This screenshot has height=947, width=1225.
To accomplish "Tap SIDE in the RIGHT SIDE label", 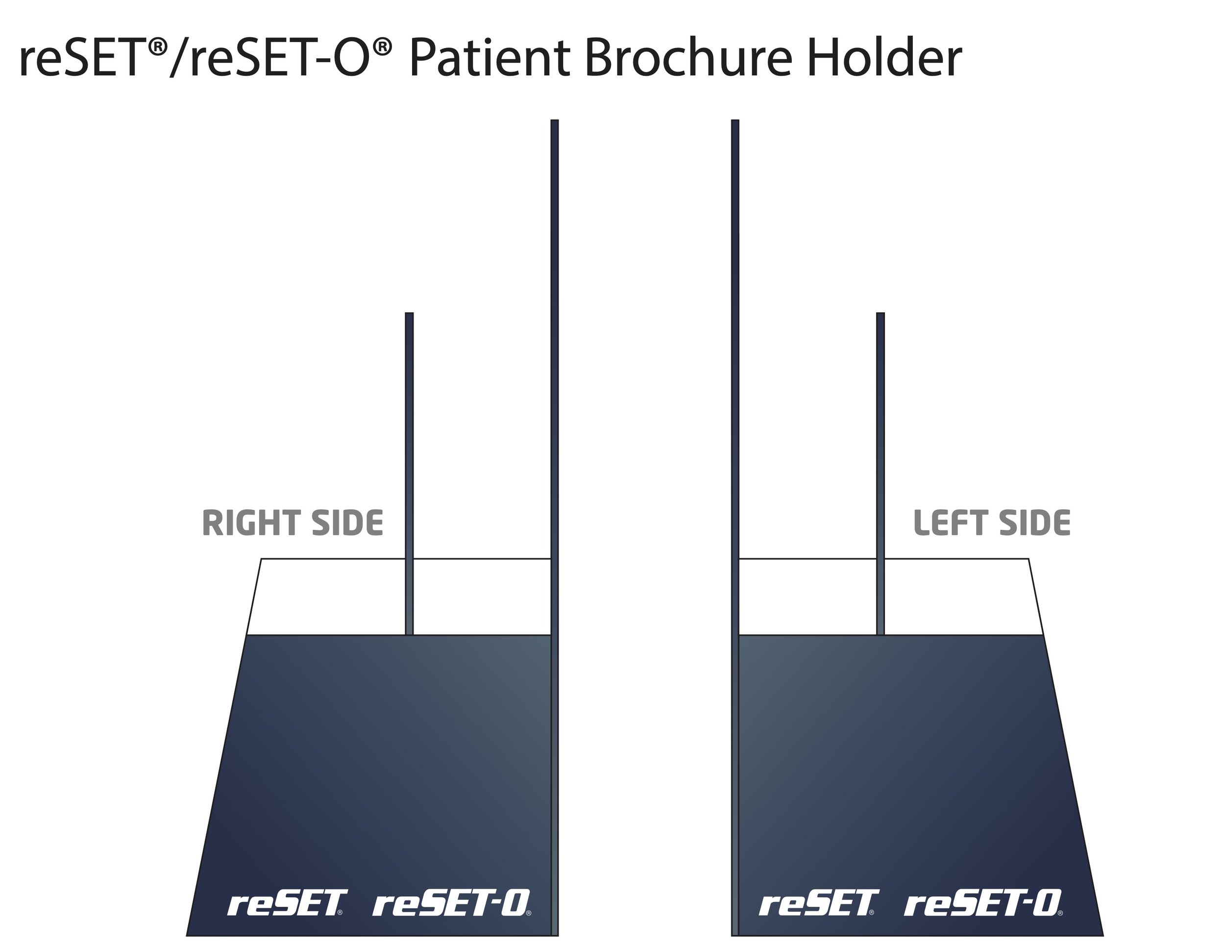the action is [x=347, y=523].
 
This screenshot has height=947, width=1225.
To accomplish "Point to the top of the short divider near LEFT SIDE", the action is [x=880, y=315].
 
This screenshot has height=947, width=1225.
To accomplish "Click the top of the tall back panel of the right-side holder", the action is [x=554, y=123].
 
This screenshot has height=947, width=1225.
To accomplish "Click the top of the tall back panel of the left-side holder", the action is [x=735, y=123].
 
